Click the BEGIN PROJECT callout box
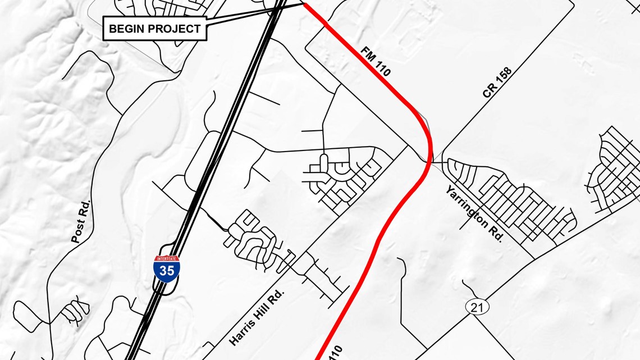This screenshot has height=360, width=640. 154,29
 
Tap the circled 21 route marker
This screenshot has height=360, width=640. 477,307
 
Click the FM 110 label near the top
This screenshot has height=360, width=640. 375,61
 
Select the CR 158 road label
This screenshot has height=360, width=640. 497,83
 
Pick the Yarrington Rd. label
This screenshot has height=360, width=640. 474,213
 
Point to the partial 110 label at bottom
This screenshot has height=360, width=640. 334,353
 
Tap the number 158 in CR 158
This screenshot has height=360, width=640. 502,78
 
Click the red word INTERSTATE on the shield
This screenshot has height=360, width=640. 167,259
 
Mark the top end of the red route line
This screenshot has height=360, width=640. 304,4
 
